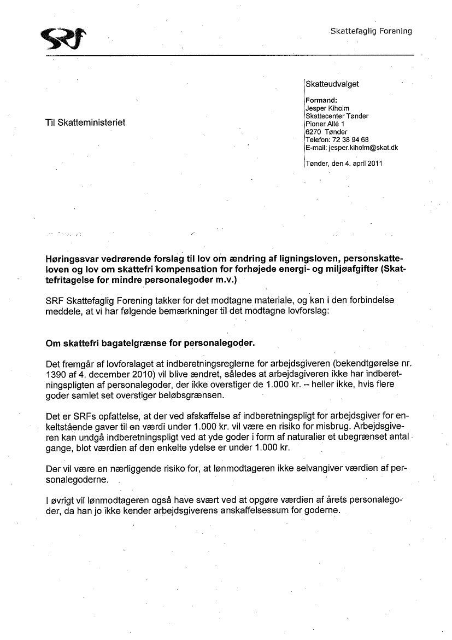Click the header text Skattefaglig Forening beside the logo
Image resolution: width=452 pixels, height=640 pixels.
pos(371,31)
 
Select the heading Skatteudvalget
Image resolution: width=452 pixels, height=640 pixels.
pos(332,84)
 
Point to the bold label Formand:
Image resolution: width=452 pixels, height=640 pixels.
pos(321,100)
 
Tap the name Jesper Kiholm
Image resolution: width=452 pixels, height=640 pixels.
pos(327,108)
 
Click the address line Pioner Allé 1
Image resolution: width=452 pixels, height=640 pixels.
pos(325,124)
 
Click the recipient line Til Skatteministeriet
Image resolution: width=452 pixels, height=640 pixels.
pos(85,123)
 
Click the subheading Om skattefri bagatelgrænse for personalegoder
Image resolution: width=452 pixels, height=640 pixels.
pos(150,344)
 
